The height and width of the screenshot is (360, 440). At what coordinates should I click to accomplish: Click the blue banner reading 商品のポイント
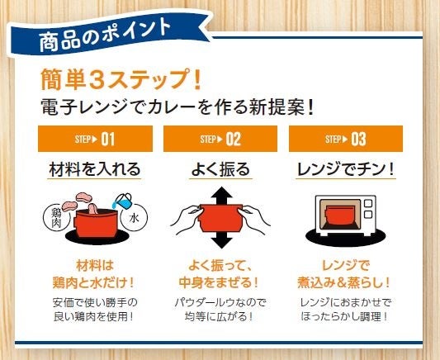click(110, 34)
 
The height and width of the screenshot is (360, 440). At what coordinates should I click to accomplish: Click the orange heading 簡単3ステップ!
click(121, 79)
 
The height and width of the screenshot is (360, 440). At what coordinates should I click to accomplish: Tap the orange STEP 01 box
click(95, 139)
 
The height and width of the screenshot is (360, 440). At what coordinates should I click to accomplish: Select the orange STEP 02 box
click(220, 139)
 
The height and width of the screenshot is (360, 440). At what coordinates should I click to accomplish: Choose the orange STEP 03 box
click(346, 139)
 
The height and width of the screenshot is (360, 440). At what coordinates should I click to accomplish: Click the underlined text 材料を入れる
click(95, 169)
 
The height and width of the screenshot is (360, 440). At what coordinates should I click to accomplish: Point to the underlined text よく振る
click(220, 169)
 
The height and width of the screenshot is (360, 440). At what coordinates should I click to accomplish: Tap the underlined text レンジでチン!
click(346, 169)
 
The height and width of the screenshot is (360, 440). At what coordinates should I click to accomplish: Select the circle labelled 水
click(134, 218)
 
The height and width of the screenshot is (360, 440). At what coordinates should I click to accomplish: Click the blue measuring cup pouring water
click(122, 201)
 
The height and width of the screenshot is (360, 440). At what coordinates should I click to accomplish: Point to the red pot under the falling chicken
click(97, 224)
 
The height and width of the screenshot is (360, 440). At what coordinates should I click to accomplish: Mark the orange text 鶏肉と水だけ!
click(93, 282)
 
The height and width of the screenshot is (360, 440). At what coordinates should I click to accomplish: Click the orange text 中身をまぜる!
click(218, 282)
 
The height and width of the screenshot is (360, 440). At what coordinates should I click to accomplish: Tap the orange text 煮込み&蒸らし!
click(343, 282)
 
